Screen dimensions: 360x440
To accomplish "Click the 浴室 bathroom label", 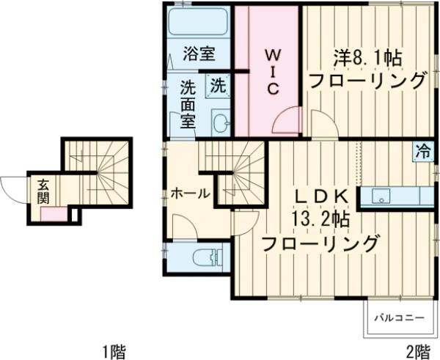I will (198, 54).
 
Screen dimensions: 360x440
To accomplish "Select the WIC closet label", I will (271, 72).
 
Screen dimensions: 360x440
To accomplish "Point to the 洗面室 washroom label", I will (188, 104).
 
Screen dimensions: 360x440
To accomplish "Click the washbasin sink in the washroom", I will (220, 122).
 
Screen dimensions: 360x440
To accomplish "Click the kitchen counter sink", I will (380, 197).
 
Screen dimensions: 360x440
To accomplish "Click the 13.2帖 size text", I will (320, 219).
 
